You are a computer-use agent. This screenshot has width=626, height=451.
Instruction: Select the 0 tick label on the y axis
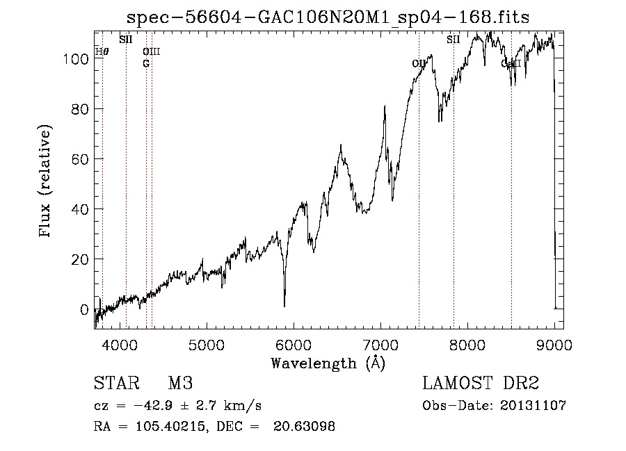(x=84, y=309)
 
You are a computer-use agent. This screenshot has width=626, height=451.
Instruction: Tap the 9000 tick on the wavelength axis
(x=554, y=344)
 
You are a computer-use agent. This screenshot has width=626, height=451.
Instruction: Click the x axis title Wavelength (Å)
(x=328, y=363)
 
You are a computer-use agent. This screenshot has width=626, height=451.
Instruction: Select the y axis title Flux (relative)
(x=47, y=182)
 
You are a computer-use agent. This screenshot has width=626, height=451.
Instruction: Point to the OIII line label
(x=151, y=51)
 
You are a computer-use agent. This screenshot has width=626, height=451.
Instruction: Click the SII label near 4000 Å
(x=125, y=40)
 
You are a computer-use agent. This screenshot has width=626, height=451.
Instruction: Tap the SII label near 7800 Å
(x=454, y=40)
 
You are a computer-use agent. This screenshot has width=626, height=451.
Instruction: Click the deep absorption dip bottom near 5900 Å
(x=284, y=306)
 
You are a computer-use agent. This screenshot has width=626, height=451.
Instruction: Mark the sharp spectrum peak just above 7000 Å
(x=385, y=106)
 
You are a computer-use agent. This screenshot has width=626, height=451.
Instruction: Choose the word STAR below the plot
(x=113, y=384)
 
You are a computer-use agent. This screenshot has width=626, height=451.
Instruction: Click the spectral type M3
(x=180, y=384)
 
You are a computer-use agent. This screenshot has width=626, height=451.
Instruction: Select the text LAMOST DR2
(x=481, y=384)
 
